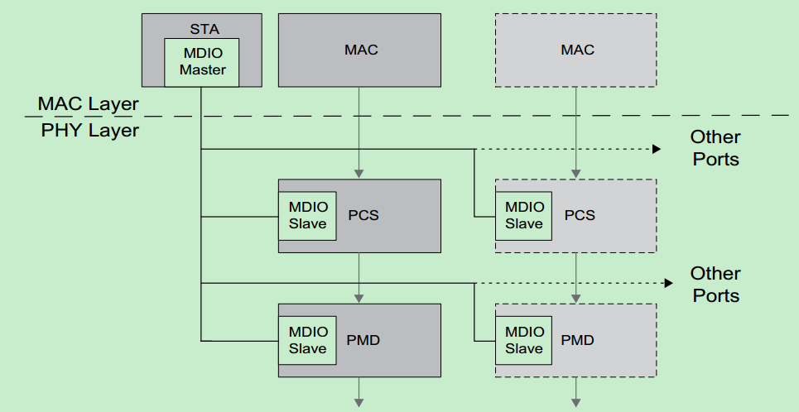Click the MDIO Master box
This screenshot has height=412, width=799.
click(x=202, y=62)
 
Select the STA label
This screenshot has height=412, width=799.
click(x=202, y=27)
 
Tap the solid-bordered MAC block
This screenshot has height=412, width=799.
click(x=360, y=50)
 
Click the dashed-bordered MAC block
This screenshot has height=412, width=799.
click(x=577, y=50)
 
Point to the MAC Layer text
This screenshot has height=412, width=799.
click(x=89, y=104)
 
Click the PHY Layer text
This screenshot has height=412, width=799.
click(x=90, y=130)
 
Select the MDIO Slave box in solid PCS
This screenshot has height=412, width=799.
click(x=307, y=215)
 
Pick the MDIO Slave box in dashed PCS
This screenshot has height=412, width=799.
click(x=524, y=215)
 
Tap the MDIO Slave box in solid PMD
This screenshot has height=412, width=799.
click(x=307, y=340)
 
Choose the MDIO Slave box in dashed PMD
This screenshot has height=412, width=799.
click(x=524, y=340)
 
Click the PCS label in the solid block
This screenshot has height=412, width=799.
click(x=363, y=215)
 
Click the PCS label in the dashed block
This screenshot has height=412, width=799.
click(x=580, y=215)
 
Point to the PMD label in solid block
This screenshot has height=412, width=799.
click(x=363, y=340)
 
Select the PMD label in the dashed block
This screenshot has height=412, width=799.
click(x=578, y=340)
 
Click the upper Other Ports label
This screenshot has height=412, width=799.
click(x=715, y=148)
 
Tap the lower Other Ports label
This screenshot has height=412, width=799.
click(x=715, y=284)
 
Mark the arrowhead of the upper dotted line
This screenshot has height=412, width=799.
click(x=657, y=150)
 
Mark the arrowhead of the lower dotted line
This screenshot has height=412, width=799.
click(x=667, y=283)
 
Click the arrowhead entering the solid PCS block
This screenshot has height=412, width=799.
click(x=359, y=174)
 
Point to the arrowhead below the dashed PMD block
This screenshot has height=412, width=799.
click(x=575, y=403)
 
